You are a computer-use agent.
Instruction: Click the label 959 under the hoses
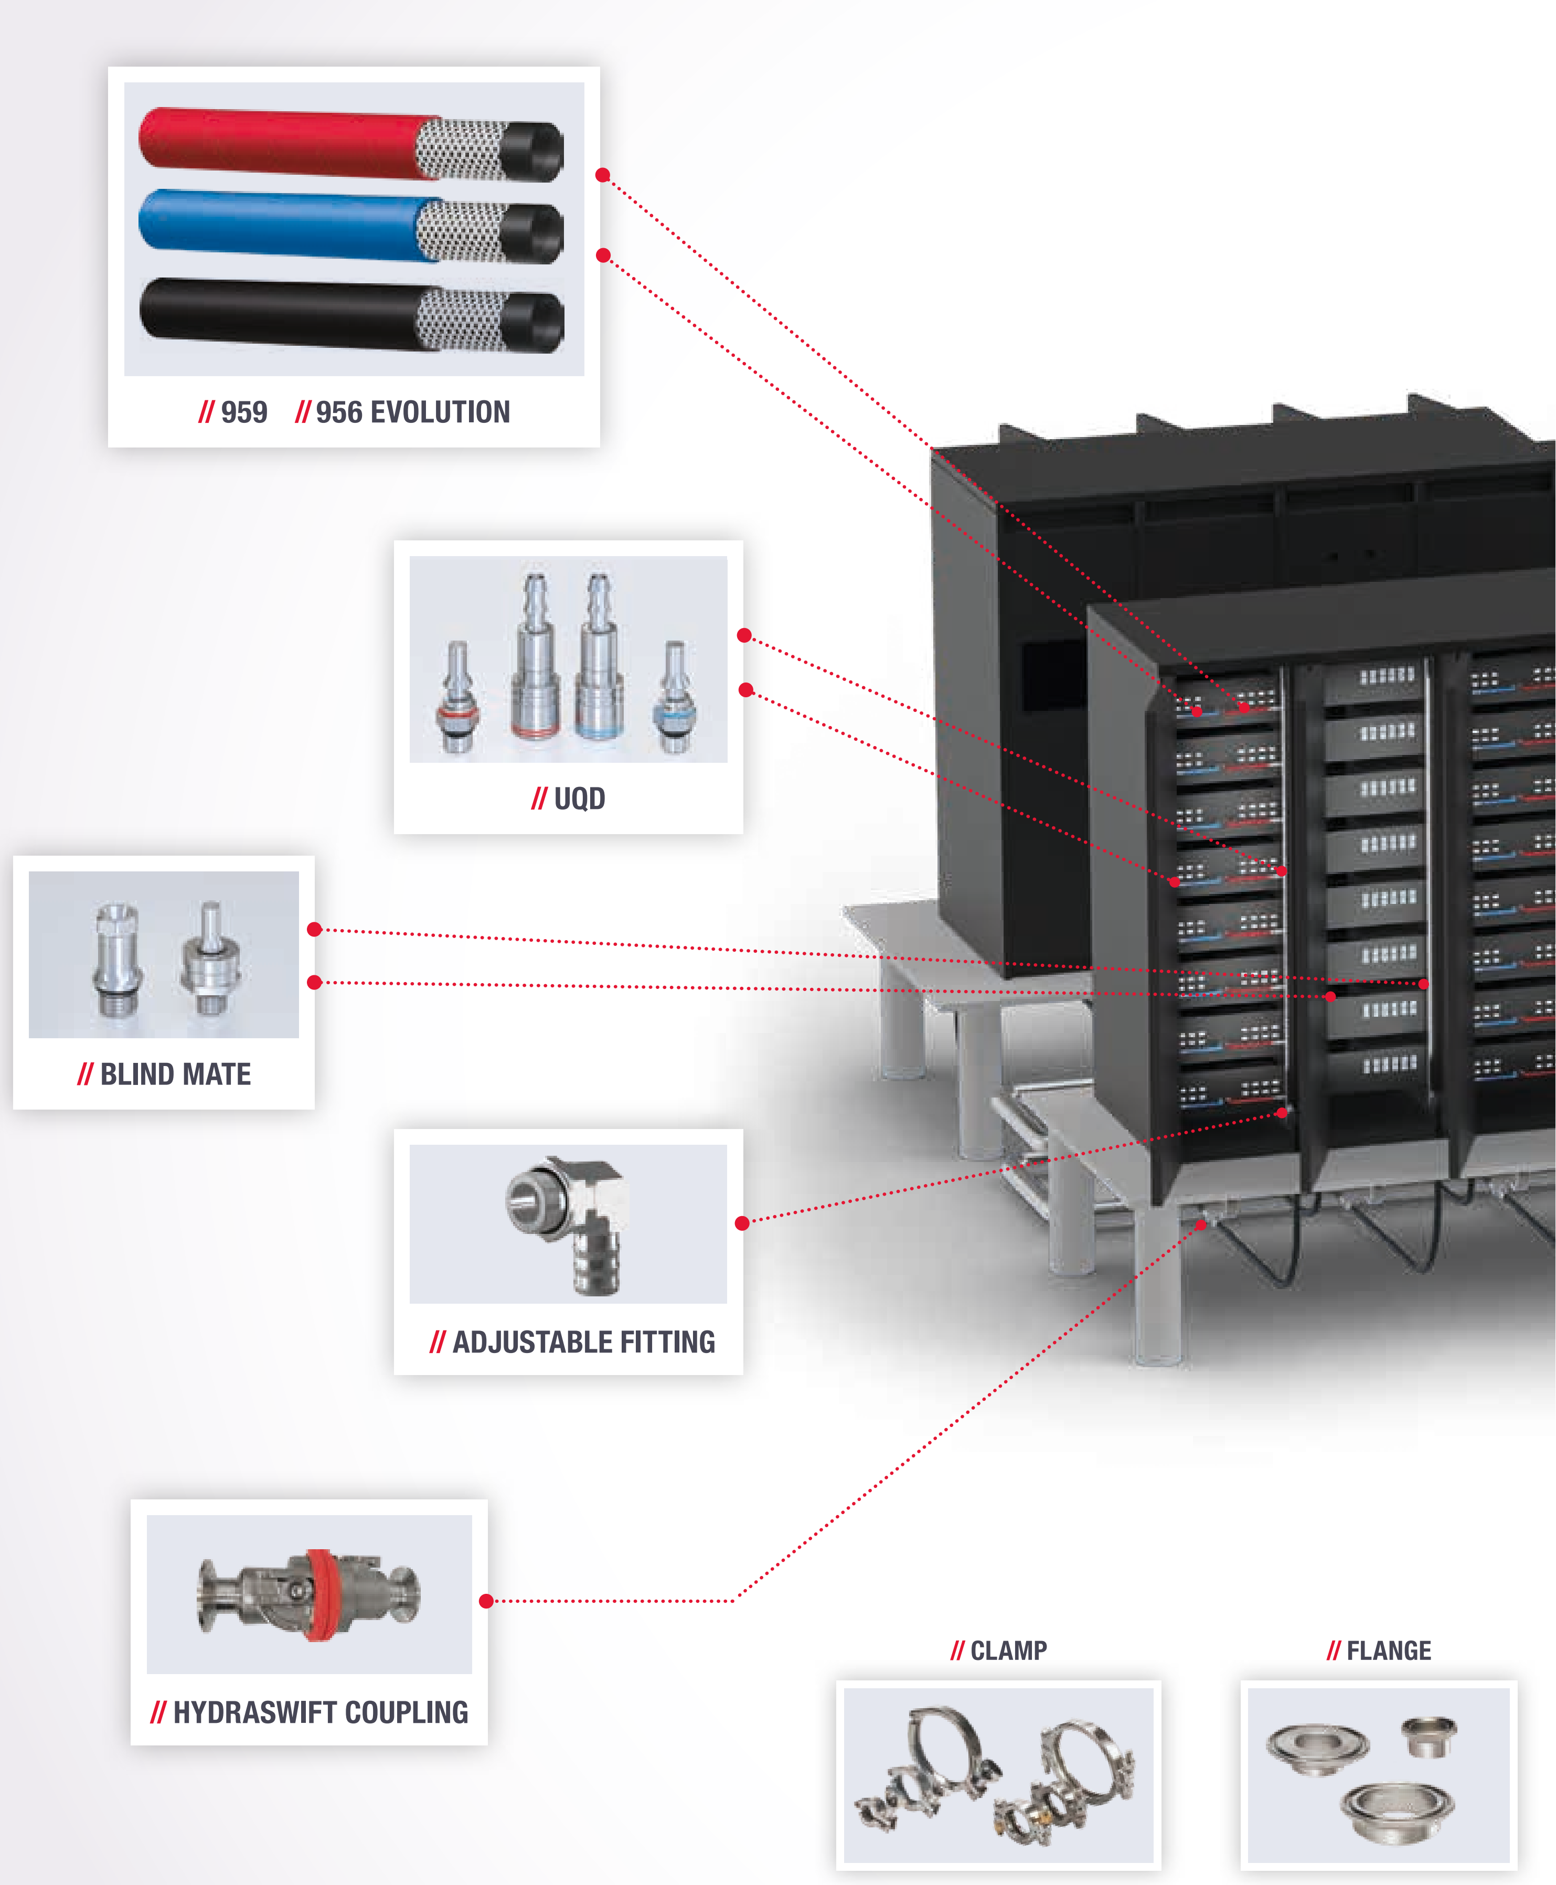tap(244, 412)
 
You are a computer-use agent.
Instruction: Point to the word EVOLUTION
tap(439, 412)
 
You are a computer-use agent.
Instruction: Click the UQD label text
tap(579, 798)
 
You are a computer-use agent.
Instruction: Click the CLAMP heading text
tap(1008, 1650)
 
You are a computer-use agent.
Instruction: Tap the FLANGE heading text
tap(1389, 1650)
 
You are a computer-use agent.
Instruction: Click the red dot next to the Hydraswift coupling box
tap(486, 1601)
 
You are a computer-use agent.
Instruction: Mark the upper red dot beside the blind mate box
tap(315, 930)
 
